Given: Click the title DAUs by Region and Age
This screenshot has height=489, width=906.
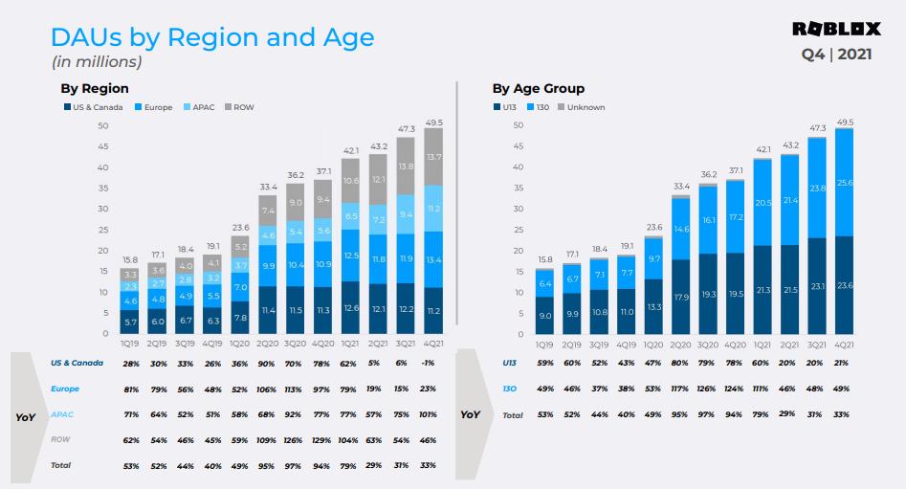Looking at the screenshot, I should click(211, 38).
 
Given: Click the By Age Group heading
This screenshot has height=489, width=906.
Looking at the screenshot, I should click(538, 89).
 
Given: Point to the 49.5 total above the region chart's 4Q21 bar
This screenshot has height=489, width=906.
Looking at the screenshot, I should click(433, 122).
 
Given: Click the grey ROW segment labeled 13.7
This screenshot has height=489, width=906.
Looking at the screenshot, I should click(433, 156).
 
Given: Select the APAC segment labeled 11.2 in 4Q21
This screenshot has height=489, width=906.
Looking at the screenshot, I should click(433, 208).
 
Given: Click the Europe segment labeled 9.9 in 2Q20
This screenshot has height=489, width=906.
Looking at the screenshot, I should click(268, 265).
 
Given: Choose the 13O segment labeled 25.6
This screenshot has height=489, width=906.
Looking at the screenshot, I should click(844, 183).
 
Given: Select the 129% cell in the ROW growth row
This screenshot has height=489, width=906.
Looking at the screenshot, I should click(322, 439).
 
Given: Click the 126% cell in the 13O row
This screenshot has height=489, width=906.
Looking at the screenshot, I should click(707, 389).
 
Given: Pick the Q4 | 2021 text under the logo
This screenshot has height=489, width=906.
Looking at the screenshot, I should click(836, 54).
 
